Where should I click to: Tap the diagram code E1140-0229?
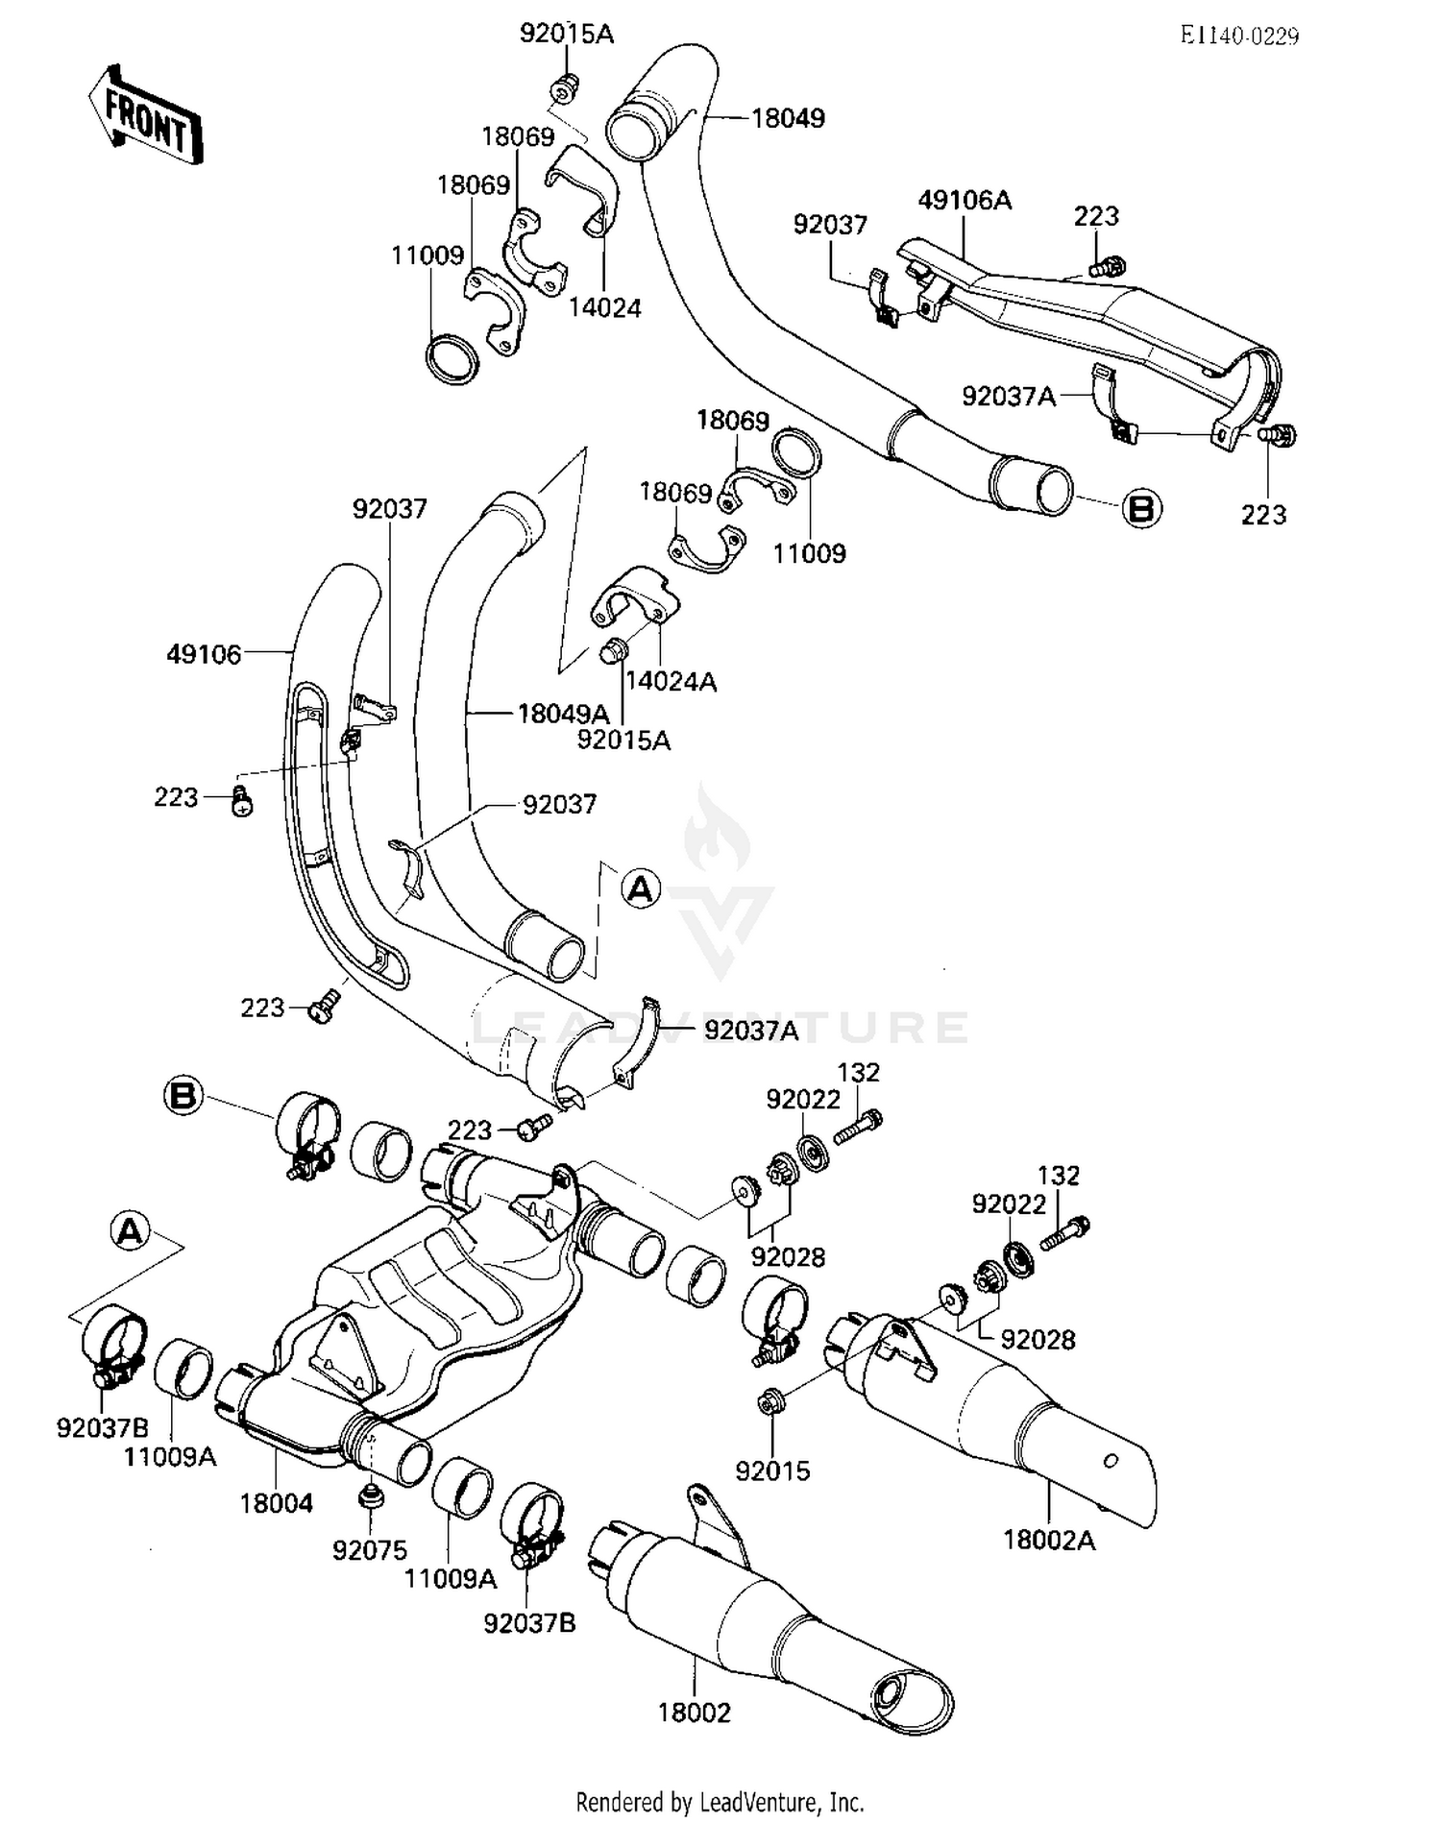[x=1239, y=36]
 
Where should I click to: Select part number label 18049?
[x=788, y=118]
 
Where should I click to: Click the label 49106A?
[x=965, y=200]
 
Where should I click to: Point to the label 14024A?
[x=671, y=682]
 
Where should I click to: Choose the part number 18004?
[x=277, y=1503]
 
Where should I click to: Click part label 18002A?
[x=1049, y=1541]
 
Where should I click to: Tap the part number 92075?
[x=370, y=1550]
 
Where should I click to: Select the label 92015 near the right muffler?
[x=772, y=1471]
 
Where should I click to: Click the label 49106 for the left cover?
[x=204, y=655]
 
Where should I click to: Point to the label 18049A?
[x=564, y=714]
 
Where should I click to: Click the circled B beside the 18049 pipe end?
[x=1141, y=507]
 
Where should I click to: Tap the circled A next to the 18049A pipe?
[x=641, y=888]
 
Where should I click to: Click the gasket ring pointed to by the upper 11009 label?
[x=452, y=359]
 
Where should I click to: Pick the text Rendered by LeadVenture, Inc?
[x=720, y=1801]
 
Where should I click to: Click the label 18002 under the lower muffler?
[x=694, y=1713]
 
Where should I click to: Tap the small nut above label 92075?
[x=369, y=1496]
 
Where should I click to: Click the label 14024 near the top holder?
[x=604, y=307]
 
